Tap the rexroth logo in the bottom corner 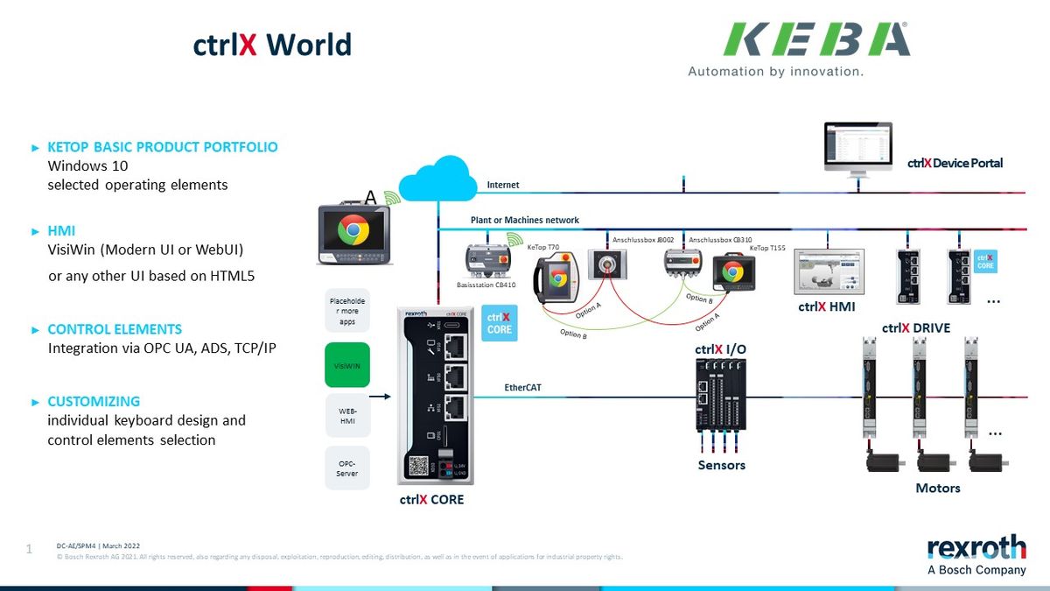976,547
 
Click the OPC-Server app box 347,468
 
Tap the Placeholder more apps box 347,310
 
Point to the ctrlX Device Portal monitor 857,148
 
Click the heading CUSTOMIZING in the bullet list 94,402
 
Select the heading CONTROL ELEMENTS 115,330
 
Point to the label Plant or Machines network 524,220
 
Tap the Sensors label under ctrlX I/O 721,465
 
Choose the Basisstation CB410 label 487,285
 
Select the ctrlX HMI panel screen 828,271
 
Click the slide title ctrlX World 272,45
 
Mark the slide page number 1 29,550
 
